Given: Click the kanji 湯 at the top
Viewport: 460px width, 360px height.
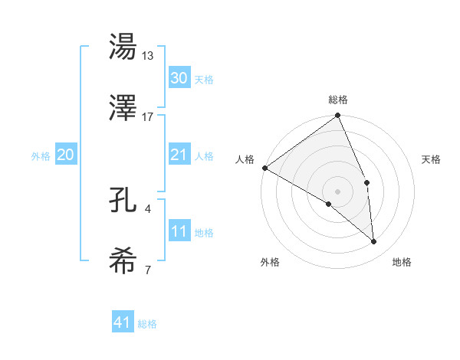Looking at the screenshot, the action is click(x=124, y=47).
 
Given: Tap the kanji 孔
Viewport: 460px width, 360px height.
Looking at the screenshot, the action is click(x=124, y=200).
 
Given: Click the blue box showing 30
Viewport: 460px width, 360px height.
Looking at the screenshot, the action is click(x=179, y=77).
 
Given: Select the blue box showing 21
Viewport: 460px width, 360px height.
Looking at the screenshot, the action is click(x=179, y=155).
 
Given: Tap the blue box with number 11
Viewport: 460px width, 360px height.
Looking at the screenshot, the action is click(x=179, y=231).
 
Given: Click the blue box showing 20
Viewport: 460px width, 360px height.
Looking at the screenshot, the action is click(x=65, y=155).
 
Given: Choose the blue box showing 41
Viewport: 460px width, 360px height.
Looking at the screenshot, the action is click(x=123, y=322).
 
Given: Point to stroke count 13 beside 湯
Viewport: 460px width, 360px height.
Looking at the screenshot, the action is click(x=149, y=55).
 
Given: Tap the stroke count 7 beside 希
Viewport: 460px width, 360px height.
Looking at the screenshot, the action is click(x=147, y=270).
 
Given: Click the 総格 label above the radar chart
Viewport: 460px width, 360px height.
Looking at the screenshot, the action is click(x=338, y=100).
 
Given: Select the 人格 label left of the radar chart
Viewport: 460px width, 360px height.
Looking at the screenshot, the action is click(x=245, y=159).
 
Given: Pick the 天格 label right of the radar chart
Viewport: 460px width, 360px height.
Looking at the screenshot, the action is click(x=432, y=159).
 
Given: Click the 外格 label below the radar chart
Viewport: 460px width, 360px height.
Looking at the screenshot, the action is click(x=270, y=262).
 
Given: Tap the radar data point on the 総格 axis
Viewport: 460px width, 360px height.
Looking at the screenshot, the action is click(x=338, y=116).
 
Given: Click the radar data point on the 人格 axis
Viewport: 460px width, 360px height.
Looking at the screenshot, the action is click(x=264, y=168).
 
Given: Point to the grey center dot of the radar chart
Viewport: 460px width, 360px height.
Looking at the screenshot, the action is click(x=338, y=191).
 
